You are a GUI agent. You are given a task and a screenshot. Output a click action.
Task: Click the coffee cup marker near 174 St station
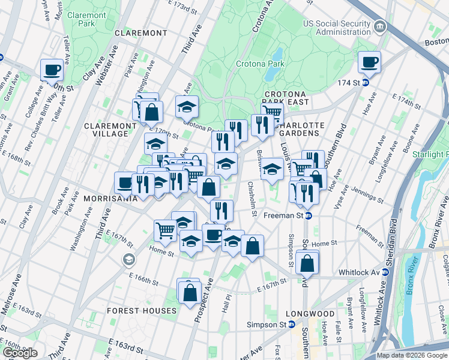coord(369,62)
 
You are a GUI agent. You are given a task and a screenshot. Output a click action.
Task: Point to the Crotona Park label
coord(259,63)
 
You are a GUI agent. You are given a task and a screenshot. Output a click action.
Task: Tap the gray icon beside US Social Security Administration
coord(380,27)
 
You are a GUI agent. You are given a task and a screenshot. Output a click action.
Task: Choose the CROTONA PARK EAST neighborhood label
coord(285,98)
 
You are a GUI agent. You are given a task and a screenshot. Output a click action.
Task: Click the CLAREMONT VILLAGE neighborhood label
coord(106,130)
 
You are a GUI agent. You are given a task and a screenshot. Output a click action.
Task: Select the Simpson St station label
coord(268,324)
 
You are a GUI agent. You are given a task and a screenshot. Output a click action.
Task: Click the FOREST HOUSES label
coord(142,311)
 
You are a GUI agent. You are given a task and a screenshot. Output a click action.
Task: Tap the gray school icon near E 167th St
coord(128,259)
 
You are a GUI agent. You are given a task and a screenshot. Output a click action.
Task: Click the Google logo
coord(20,353)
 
